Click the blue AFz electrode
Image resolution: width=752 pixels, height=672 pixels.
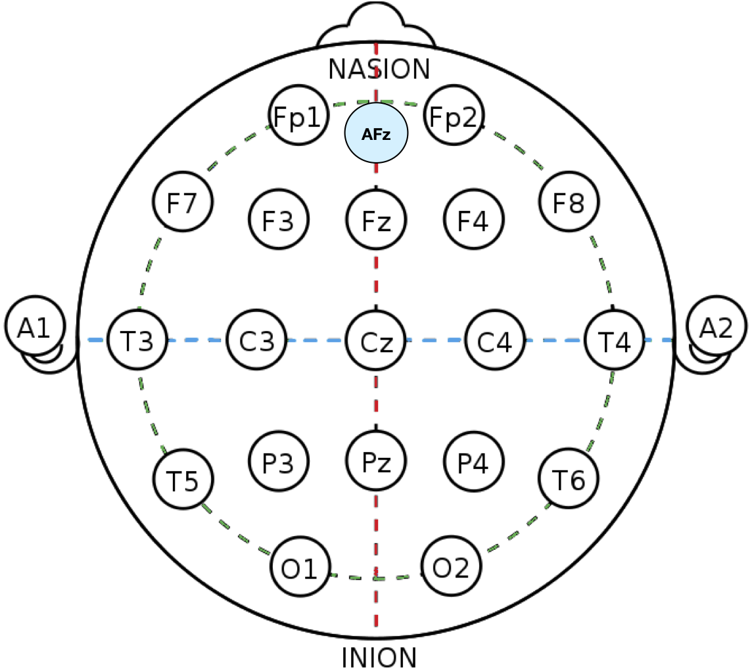377,133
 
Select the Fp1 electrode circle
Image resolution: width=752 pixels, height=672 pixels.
298,117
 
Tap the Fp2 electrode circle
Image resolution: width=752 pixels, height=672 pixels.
454,117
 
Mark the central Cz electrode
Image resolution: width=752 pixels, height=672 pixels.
377,340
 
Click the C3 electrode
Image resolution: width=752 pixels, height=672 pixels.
256,340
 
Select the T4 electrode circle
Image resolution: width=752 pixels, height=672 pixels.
614,340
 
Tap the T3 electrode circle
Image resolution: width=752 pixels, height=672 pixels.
137,340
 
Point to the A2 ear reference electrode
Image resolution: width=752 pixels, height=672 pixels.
716,326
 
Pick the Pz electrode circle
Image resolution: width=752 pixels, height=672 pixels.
377,462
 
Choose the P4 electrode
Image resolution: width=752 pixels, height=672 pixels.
473,462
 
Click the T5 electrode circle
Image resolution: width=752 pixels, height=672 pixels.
183,480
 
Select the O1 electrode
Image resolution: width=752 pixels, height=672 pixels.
300,568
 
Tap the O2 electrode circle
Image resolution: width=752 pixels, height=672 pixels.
451,568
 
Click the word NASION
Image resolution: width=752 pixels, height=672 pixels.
379,68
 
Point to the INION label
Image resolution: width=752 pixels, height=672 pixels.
379,657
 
